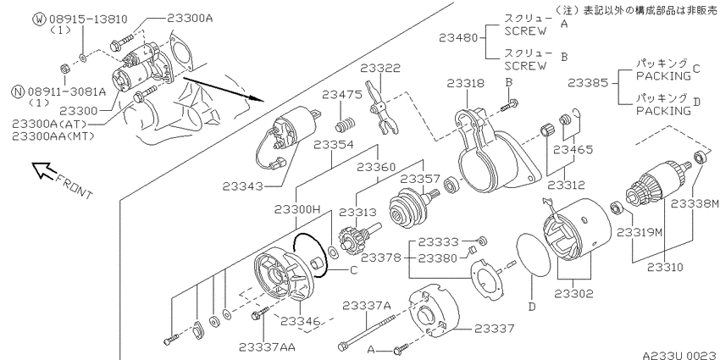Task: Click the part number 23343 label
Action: click(243, 186)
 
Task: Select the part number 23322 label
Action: click(380, 68)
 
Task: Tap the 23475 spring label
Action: click(342, 95)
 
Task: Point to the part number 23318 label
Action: click(466, 83)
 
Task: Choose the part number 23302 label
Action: click(573, 293)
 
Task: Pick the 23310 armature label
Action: click(665, 267)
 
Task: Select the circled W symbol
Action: click(40, 19)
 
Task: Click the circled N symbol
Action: click(18, 91)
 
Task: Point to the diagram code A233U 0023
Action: click(679, 355)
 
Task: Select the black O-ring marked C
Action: click(310, 255)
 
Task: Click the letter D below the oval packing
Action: click(532, 307)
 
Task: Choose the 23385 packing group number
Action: click(587, 83)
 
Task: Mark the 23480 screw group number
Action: click(459, 37)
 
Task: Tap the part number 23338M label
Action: click(695, 203)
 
